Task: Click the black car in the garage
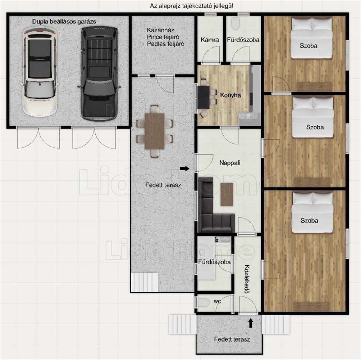99,73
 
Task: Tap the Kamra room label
210,40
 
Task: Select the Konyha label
230,95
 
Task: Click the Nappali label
230,163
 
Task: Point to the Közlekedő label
247,279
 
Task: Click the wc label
217,301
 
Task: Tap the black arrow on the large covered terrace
184,169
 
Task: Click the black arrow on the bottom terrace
251,323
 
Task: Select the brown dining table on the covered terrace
155,131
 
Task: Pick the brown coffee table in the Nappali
227,194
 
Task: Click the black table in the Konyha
204,97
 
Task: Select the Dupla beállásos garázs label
64,22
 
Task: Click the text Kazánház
160,30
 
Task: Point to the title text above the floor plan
192,6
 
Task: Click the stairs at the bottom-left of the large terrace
145,282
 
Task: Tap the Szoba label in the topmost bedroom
309,46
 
